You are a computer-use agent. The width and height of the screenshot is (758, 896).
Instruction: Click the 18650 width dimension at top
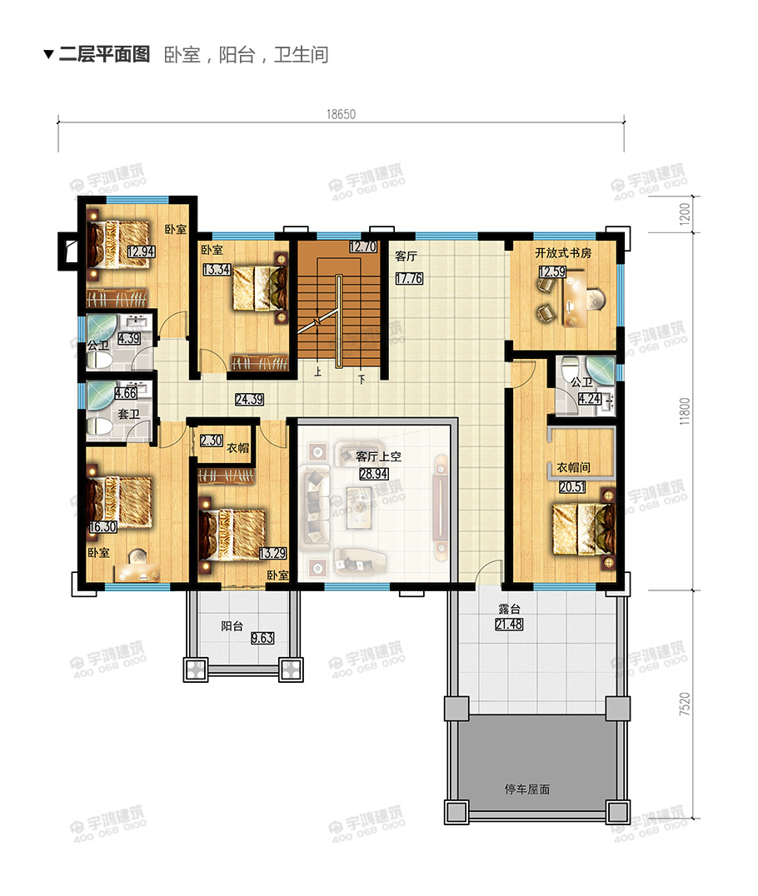click(341, 114)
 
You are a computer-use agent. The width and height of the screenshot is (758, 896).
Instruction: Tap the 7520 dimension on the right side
click(685, 704)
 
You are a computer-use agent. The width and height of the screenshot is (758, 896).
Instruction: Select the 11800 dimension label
click(685, 411)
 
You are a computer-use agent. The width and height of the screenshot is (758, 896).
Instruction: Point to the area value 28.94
click(374, 474)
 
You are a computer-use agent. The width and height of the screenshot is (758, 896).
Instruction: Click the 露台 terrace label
click(509, 610)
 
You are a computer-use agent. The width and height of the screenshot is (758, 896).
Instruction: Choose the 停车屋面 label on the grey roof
click(527, 789)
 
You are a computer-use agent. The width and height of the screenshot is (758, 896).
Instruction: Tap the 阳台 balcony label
click(232, 625)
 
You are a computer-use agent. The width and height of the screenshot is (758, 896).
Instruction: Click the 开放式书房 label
click(563, 252)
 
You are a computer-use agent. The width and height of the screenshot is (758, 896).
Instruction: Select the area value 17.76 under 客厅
click(409, 278)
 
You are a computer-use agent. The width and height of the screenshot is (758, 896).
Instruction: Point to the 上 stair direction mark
click(318, 371)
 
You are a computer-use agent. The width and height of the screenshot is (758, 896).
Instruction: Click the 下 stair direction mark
click(362, 379)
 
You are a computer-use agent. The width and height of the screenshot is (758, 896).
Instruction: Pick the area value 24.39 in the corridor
click(249, 400)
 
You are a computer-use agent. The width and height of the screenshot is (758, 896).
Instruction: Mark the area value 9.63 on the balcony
click(262, 638)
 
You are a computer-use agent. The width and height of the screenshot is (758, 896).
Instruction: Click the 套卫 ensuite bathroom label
click(128, 414)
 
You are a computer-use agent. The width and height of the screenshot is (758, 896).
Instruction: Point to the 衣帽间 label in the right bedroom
click(573, 467)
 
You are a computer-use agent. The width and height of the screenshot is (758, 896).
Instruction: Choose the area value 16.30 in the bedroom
click(103, 527)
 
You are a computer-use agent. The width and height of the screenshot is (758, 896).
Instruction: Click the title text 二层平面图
click(104, 54)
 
